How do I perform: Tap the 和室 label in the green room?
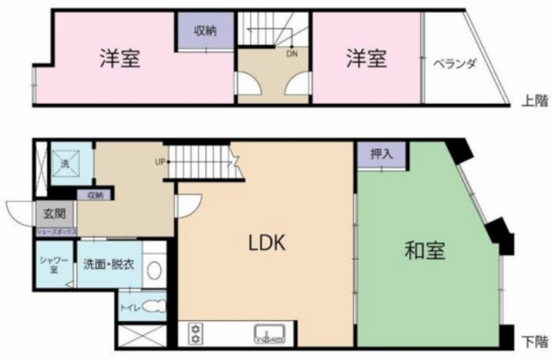pyautogui.click(x=424, y=251)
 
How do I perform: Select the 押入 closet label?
pyautogui.click(x=381, y=154)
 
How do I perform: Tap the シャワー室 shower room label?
pyautogui.click(x=48, y=261)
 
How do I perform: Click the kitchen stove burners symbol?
pyautogui.click(x=195, y=332)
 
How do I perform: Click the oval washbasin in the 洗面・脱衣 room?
pyautogui.click(x=153, y=269)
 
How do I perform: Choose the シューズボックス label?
pyautogui.click(x=54, y=232)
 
